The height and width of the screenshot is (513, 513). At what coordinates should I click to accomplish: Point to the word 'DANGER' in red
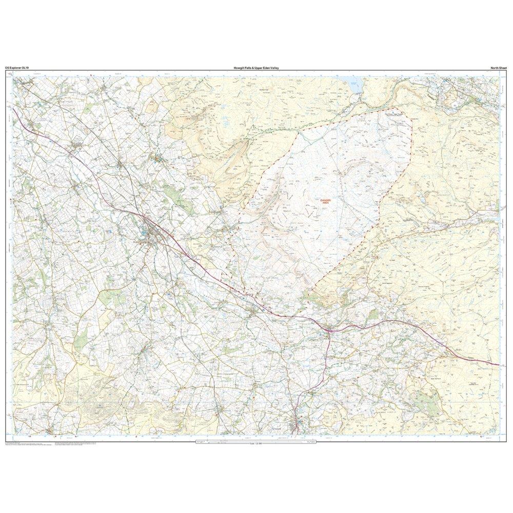pyautogui.click(x=325, y=201)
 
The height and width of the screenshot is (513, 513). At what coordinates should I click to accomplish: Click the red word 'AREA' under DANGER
pyautogui.click(x=325, y=204)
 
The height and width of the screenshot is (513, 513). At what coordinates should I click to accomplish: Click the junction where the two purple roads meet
pyautogui.click(x=328, y=328)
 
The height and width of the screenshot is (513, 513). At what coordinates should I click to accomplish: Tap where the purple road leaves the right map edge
pyautogui.click(x=498, y=365)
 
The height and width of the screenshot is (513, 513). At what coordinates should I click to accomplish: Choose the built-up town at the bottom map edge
pyautogui.click(x=298, y=426)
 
